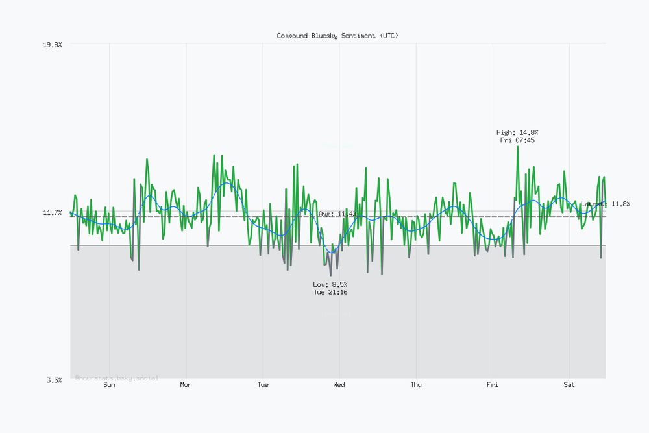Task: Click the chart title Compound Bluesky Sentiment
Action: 337,36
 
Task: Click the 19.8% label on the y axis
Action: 53,44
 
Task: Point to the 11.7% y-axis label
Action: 53,212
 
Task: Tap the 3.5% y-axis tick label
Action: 55,380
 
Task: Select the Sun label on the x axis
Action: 109,385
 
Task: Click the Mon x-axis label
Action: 186,385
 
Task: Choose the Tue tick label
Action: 262,385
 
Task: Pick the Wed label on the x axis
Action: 339,385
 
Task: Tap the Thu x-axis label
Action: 416,385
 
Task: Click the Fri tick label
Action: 493,385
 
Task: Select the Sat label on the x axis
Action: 569,385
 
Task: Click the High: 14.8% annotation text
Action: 517,132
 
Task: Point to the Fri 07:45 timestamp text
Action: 517,140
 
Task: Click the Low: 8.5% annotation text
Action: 330,284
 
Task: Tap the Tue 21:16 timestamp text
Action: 330,292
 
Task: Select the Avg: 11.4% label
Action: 337,214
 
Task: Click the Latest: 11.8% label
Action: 605,204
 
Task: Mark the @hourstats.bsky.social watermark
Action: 117,378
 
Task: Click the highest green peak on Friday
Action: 517,147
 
